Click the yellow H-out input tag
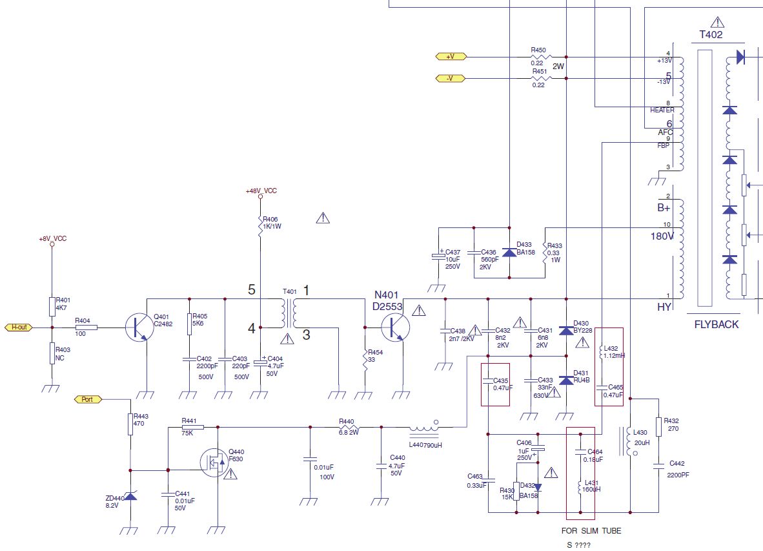pyautogui.click(x=20, y=327)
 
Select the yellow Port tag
pyautogui.click(x=88, y=399)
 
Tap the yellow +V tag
pyautogui.click(x=449, y=57)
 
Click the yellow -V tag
pyautogui.click(x=449, y=79)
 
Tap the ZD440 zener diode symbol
pyautogui.click(x=130, y=496)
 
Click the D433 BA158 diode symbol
pyautogui.click(x=509, y=253)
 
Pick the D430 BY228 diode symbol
pyautogui.click(x=565, y=331)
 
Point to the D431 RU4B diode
pyautogui.click(x=565, y=380)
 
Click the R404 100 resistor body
pyautogui.click(x=86, y=327)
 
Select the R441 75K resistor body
pyautogui.click(x=192, y=427)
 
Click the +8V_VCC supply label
pyautogui.click(x=52, y=238)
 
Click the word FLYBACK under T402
pyautogui.click(x=717, y=324)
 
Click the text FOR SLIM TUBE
pyautogui.click(x=591, y=531)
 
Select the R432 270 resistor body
pyautogui.click(x=658, y=426)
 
